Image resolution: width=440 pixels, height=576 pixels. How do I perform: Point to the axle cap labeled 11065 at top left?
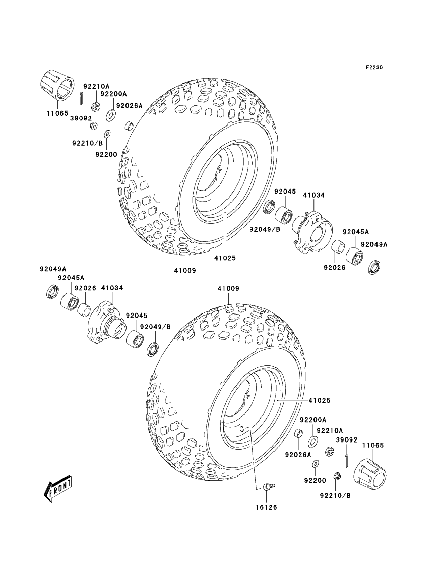[x=57, y=86]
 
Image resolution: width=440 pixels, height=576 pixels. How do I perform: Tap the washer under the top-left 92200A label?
[x=111, y=115]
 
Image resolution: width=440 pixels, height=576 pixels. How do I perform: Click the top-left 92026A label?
[x=129, y=106]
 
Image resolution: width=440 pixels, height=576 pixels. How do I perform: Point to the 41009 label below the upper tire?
[x=185, y=270]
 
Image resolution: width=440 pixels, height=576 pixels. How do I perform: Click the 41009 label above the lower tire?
[x=228, y=288]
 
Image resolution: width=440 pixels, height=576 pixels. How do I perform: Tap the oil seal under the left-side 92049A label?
[x=53, y=292]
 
